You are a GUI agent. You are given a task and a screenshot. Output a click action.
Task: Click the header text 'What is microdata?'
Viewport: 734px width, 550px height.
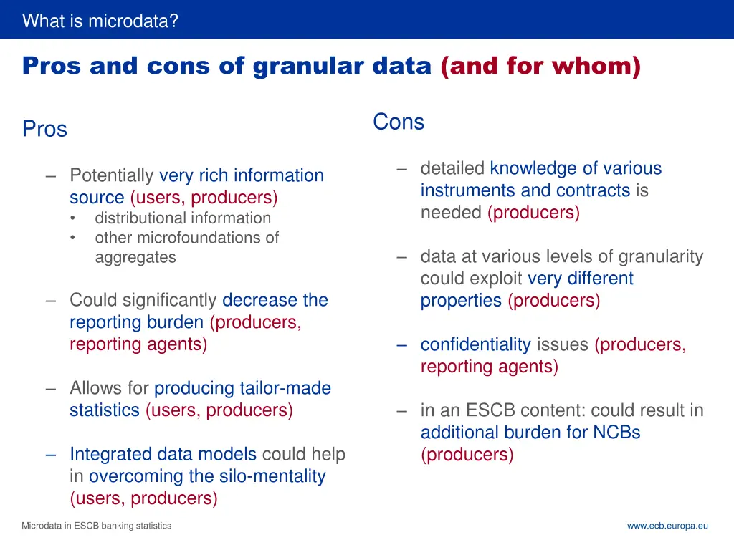tap(100, 21)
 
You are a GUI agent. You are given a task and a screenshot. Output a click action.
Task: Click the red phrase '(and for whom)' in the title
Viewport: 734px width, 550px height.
tap(540, 66)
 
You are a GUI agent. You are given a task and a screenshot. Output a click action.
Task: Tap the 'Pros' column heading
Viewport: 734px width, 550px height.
tap(44, 129)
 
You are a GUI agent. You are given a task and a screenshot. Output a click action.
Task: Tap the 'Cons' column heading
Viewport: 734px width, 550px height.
tap(399, 122)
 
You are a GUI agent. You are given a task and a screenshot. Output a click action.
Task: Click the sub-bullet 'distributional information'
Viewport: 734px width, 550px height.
tap(183, 218)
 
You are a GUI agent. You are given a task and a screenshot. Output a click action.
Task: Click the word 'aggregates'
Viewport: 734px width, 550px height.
tap(135, 257)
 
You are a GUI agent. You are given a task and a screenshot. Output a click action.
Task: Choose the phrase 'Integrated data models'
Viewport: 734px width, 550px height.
tap(163, 454)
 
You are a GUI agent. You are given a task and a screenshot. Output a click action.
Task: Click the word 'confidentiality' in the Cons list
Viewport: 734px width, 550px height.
tap(475, 344)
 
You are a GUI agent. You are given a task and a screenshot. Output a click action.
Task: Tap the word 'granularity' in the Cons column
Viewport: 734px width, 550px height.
tap(660, 256)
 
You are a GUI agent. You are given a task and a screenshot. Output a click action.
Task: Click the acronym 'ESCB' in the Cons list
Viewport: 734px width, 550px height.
tap(491, 410)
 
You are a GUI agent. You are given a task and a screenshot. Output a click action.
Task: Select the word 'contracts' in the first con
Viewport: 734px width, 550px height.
tap(593, 190)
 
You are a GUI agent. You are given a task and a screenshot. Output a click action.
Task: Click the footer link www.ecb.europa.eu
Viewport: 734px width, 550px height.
tap(667, 526)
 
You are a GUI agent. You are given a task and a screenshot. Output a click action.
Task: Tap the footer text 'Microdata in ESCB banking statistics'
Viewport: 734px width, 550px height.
tap(97, 526)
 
